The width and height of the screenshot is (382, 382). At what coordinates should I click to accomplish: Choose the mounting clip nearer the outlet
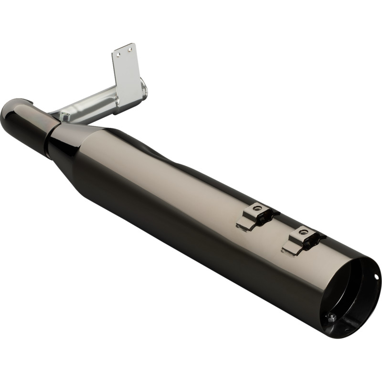[303, 240]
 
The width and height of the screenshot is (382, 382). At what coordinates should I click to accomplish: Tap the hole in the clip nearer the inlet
[257, 208]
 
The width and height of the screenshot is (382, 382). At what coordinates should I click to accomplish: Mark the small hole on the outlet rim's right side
[376, 276]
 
